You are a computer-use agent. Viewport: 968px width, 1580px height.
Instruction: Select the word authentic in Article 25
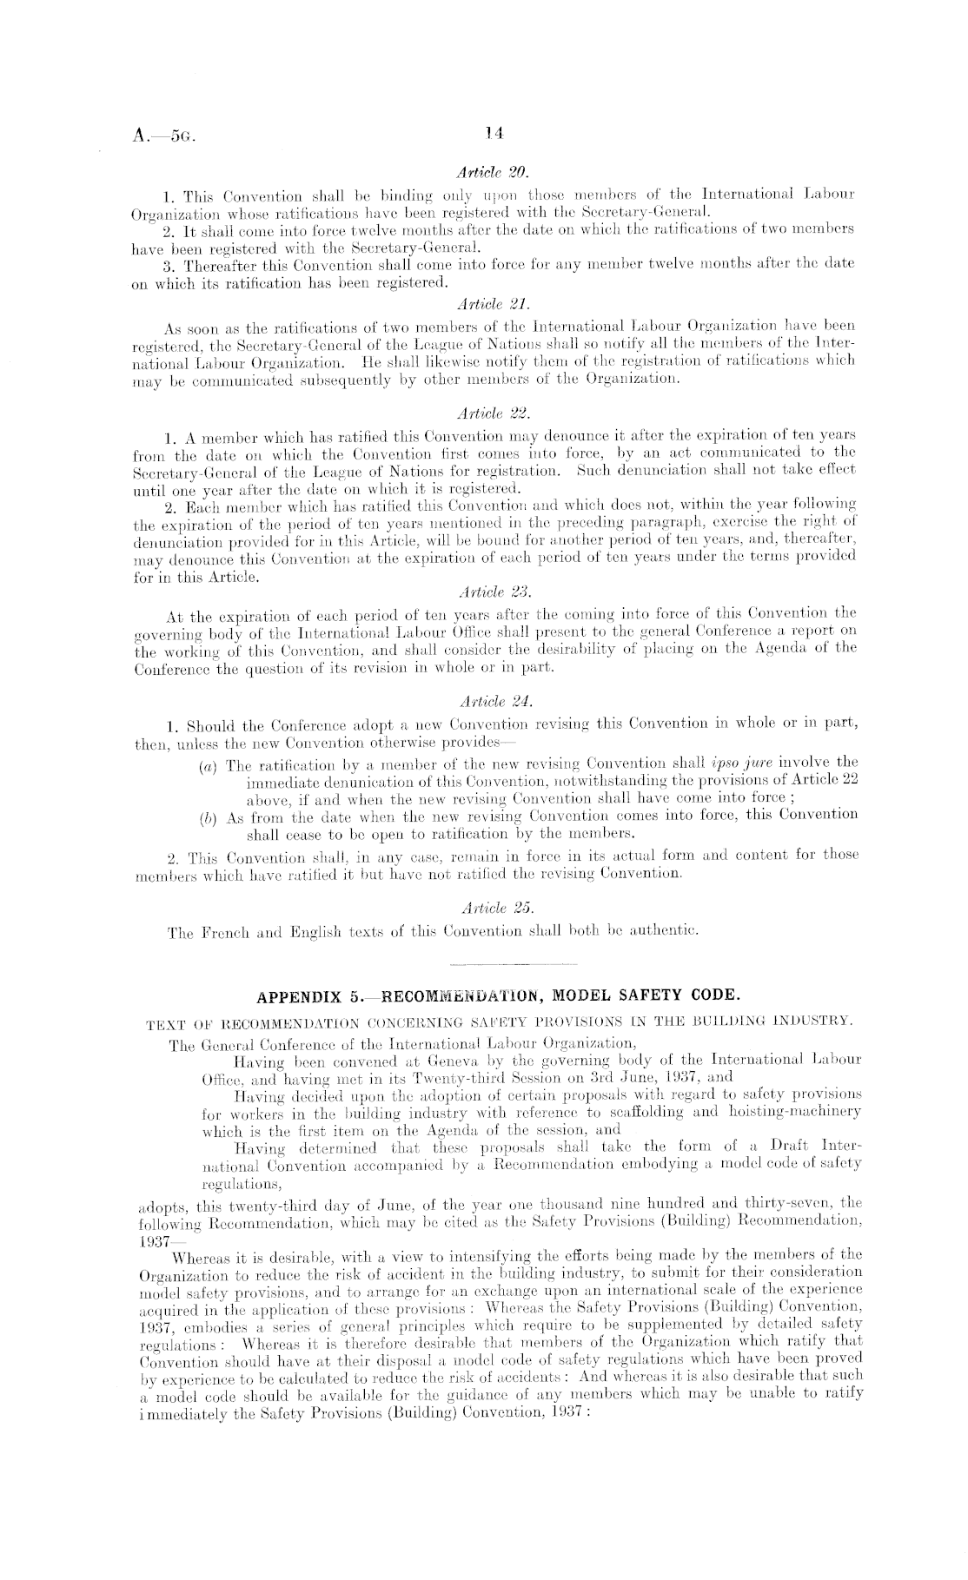pyautogui.click(x=666, y=933)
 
